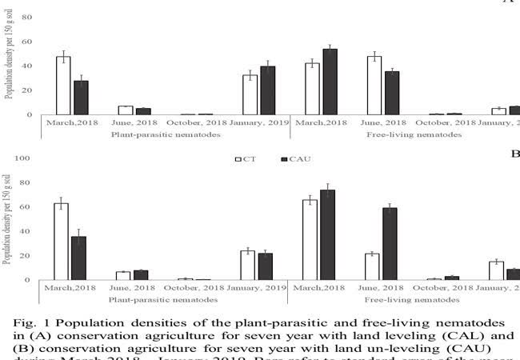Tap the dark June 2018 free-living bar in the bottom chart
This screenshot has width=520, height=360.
(390, 244)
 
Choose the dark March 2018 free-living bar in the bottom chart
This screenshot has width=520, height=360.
(327, 235)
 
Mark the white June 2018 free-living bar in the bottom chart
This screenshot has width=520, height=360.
(372, 266)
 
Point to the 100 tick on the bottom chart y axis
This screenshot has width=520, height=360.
(22, 158)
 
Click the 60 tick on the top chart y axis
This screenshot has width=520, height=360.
(26, 42)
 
